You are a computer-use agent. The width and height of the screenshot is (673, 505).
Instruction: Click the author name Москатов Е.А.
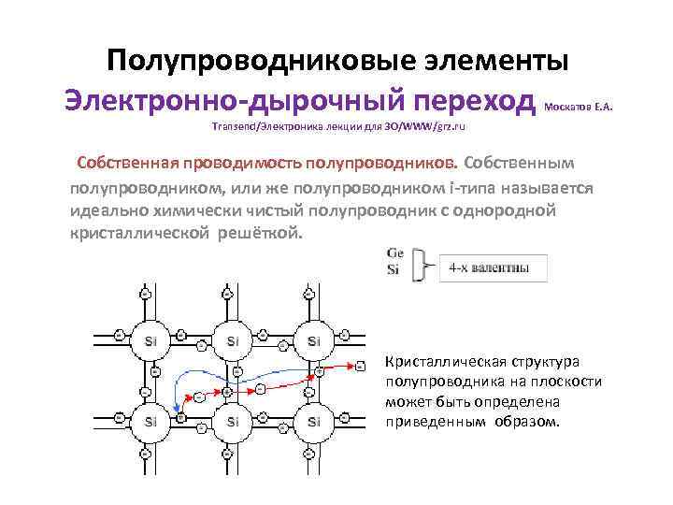tap(578, 107)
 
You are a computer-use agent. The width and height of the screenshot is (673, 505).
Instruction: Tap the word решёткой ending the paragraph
tap(260, 231)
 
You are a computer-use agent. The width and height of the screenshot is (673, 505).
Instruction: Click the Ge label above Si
tap(394, 254)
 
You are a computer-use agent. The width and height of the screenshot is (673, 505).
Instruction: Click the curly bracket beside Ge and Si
tap(422, 265)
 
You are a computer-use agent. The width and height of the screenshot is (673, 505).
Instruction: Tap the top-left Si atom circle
tap(150, 340)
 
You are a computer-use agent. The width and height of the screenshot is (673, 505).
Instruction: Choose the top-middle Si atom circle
tap(232, 340)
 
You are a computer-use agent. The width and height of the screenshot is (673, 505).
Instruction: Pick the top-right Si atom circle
tap(313, 340)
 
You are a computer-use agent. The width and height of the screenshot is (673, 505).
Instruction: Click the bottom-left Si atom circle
tap(150, 422)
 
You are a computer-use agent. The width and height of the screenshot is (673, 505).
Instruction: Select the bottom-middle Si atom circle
tap(232, 422)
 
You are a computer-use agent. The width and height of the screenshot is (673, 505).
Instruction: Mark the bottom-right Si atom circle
tap(313, 422)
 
